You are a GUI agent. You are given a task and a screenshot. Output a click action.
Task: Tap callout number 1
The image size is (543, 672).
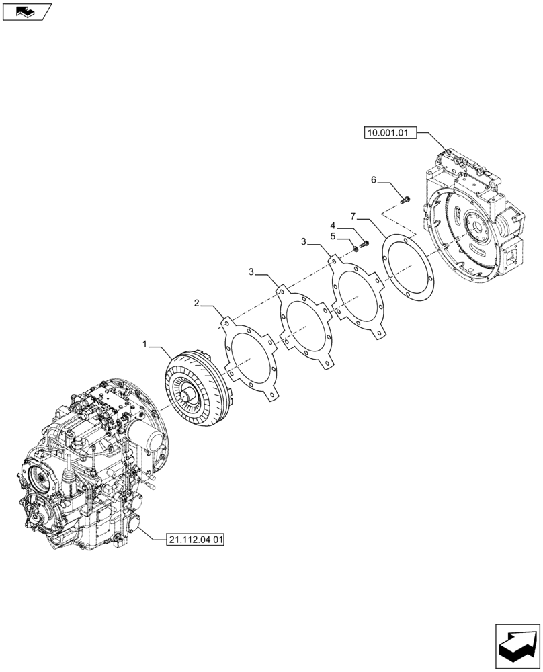(145, 344)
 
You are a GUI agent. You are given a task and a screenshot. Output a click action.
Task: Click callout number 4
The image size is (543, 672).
(332, 225)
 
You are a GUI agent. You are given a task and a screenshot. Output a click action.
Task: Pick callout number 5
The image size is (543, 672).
(332, 236)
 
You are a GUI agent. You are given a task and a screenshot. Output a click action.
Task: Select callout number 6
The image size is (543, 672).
(373, 180)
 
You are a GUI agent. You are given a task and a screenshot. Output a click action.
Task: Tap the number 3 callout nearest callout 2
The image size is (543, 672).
(251, 271)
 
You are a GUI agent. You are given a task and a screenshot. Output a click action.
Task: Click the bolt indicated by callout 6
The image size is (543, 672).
(405, 199)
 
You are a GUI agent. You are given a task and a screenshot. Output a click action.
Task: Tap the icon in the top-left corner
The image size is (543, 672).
(26, 11)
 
